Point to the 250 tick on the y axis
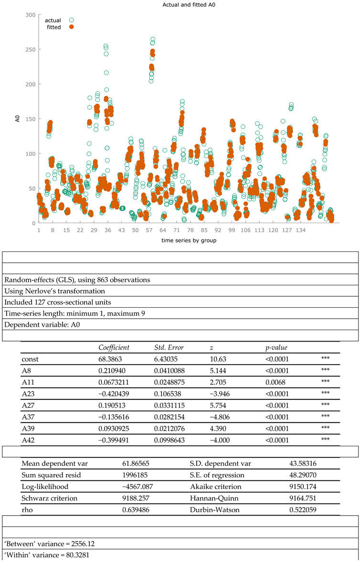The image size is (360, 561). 30,49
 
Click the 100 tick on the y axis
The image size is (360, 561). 30,153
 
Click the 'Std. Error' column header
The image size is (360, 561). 169,347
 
